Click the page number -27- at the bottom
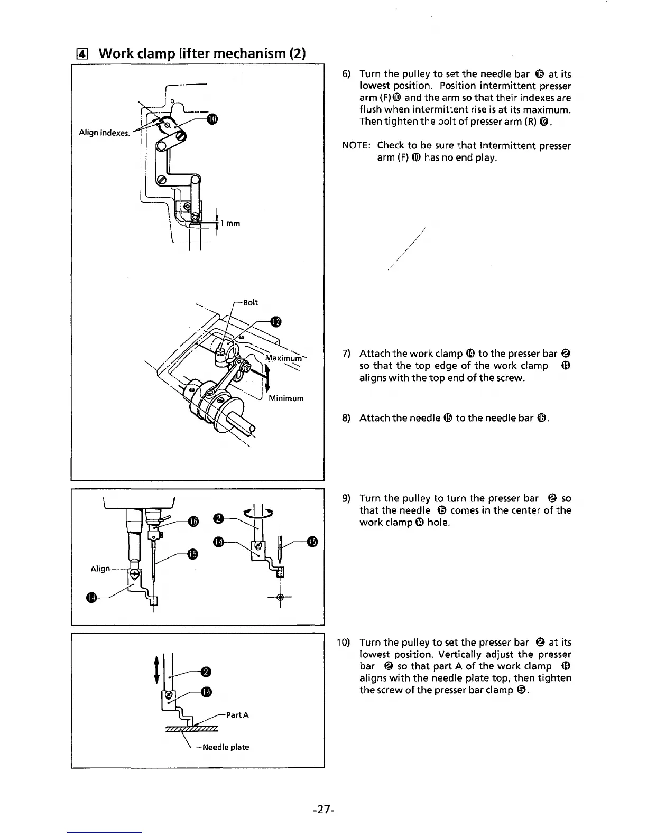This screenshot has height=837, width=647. point(322,809)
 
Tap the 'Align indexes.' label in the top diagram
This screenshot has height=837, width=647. point(104,133)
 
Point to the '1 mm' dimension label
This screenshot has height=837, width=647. point(230,224)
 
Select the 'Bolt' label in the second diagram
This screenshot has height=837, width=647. point(251,302)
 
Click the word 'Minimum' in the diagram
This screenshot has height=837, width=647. point(286,398)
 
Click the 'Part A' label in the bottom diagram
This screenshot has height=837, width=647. point(237,715)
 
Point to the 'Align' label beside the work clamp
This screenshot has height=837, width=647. point(100,569)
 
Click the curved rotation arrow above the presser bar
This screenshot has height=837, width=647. point(259,510)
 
